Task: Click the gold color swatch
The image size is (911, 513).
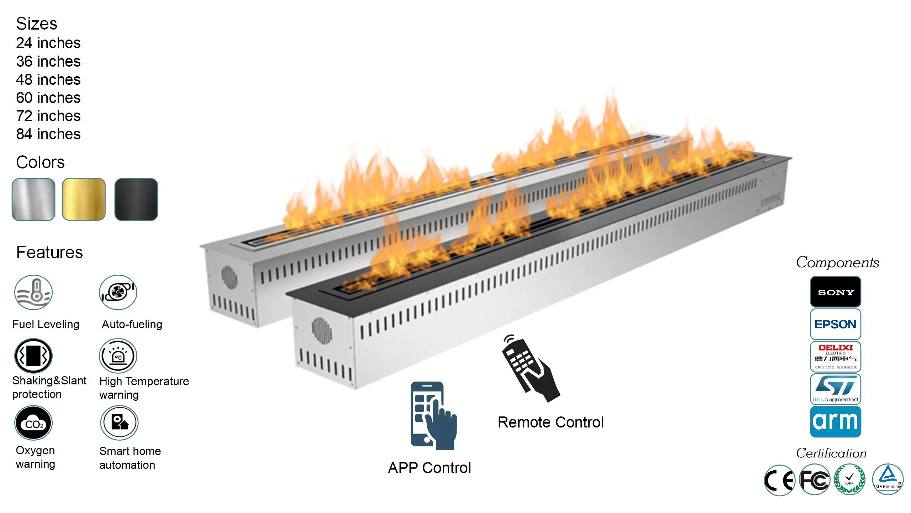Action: click(84, 199)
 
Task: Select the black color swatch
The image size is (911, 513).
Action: click(136, 199)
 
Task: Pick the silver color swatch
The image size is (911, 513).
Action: click(33, 199)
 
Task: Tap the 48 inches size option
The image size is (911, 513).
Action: click(48, 79)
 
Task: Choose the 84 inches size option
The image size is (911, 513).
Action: click(48, 134)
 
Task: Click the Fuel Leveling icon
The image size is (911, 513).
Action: click(33, 292)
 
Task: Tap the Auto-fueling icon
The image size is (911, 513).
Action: click(118, 292)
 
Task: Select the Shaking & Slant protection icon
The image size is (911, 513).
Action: click(33, 356)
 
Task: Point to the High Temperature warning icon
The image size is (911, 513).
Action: click(118, 356)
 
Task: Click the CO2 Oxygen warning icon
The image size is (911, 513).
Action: click(33, 423)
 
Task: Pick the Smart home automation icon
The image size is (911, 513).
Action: click(119, 423)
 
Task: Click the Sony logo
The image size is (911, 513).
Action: click(836, 292)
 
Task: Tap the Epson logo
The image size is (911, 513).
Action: click(836, 324)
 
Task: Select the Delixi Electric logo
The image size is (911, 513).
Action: click(836, 357)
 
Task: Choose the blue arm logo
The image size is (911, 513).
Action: click(836, 421)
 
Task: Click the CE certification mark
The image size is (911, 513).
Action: click(779, 480)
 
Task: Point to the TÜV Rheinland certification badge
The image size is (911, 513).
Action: click(888, 480)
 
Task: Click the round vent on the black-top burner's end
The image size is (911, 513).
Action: click(322, 330)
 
